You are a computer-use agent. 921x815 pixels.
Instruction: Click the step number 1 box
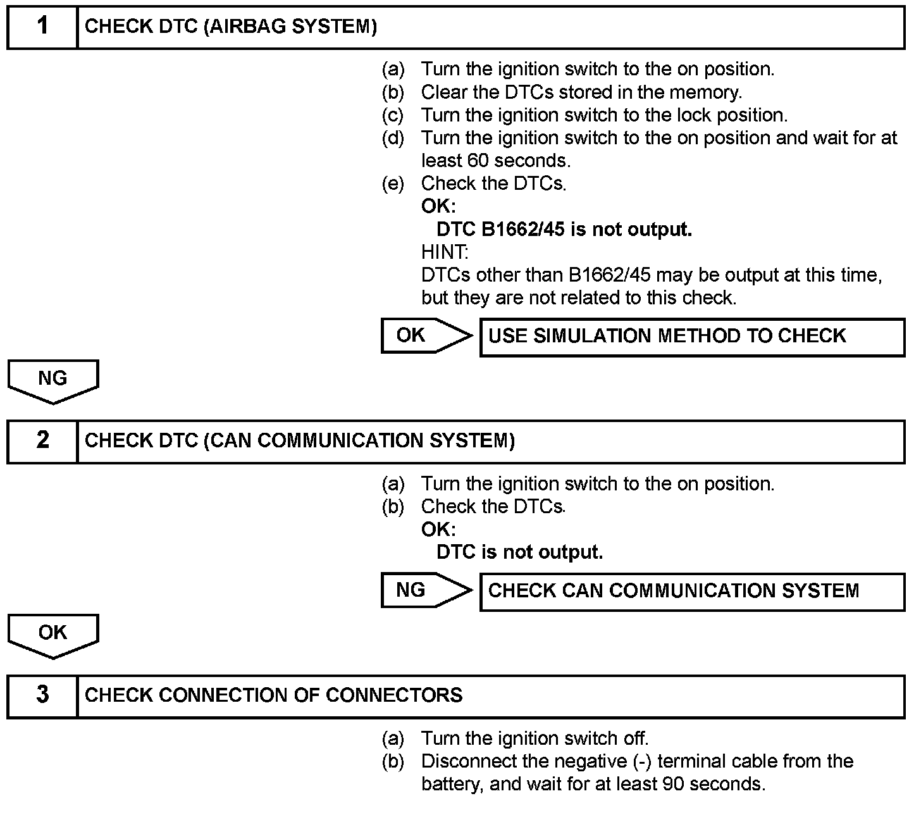click(x=42, y=27)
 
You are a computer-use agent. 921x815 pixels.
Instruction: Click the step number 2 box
click(x=42, y=441)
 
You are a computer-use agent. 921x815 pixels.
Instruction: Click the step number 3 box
click(x=42, y=695)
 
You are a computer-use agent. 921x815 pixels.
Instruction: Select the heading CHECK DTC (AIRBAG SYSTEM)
click(x=231, y=27)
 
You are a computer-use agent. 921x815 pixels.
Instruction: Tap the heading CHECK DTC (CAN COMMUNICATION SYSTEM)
click(x=300, y=441)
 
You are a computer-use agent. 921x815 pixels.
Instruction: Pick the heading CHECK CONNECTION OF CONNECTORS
click(x=273, y=695)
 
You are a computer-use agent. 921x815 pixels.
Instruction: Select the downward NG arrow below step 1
click(x=53, y=380)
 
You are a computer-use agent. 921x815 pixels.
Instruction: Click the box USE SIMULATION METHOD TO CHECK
click(x=692, y=337)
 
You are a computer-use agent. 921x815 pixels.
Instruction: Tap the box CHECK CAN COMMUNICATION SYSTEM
click(x=692, y=592)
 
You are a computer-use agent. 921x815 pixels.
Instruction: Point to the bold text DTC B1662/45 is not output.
click(x=564, y=229)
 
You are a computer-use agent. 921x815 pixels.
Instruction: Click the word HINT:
click(x=445, y=252)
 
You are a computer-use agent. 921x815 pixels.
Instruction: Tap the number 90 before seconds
click(x=674, y=784)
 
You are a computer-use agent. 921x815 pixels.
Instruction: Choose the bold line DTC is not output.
click(x=519, y=552)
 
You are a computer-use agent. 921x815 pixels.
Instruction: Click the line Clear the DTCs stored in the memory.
click(x=581, y=92)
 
